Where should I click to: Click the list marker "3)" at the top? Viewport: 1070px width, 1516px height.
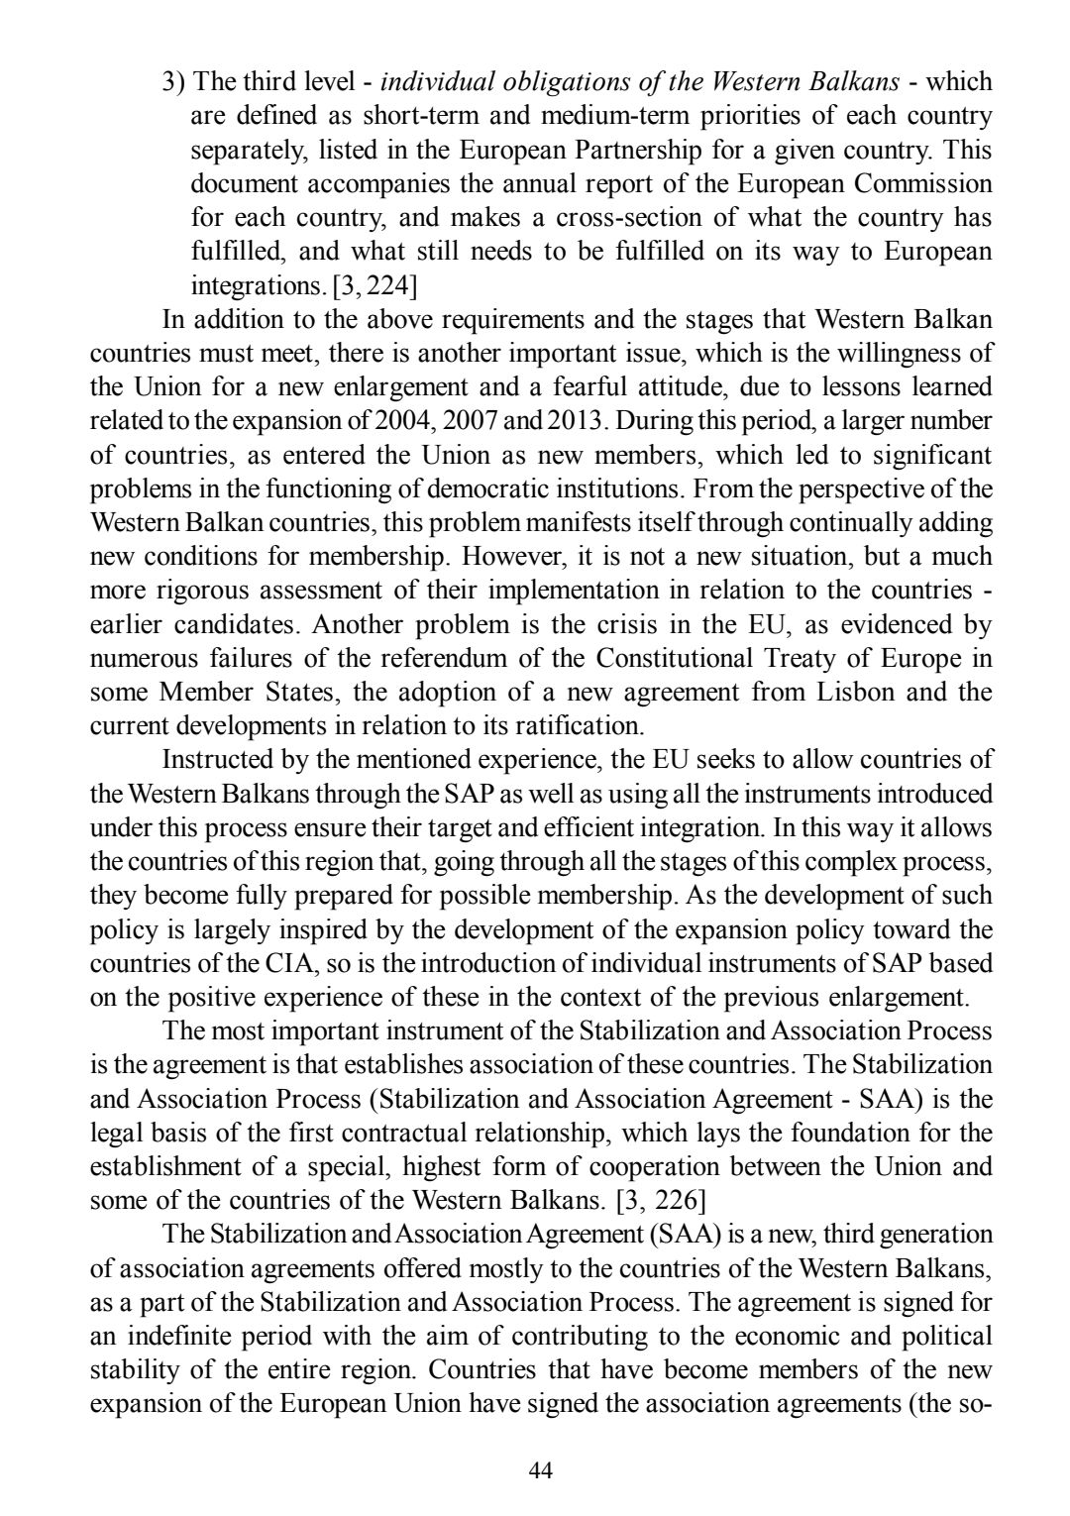click(x=173, y=81)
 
